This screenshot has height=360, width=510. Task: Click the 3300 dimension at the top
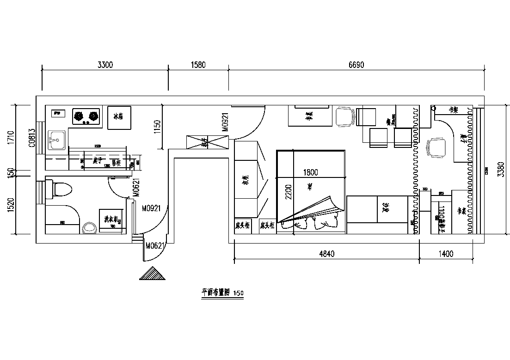105,65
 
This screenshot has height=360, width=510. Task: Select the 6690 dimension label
356,65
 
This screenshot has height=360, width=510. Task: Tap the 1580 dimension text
198,65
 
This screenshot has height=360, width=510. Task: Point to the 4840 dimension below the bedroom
326,253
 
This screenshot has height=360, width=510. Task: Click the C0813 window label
31,138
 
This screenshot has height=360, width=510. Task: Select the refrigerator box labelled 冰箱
118,117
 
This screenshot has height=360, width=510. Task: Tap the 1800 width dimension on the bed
310,173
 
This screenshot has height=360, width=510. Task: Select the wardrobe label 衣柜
246,179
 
